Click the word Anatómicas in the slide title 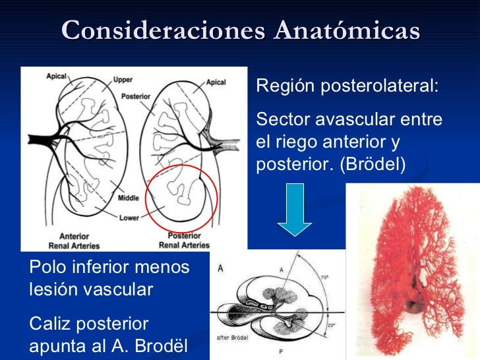(x=347, y=30)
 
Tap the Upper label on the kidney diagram (x=123, y=80)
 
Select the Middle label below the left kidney (x=129, y=198)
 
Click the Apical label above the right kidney (x=216, y=82)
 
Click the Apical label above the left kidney (x=56, y=76)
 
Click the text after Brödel (x=233, y=337)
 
